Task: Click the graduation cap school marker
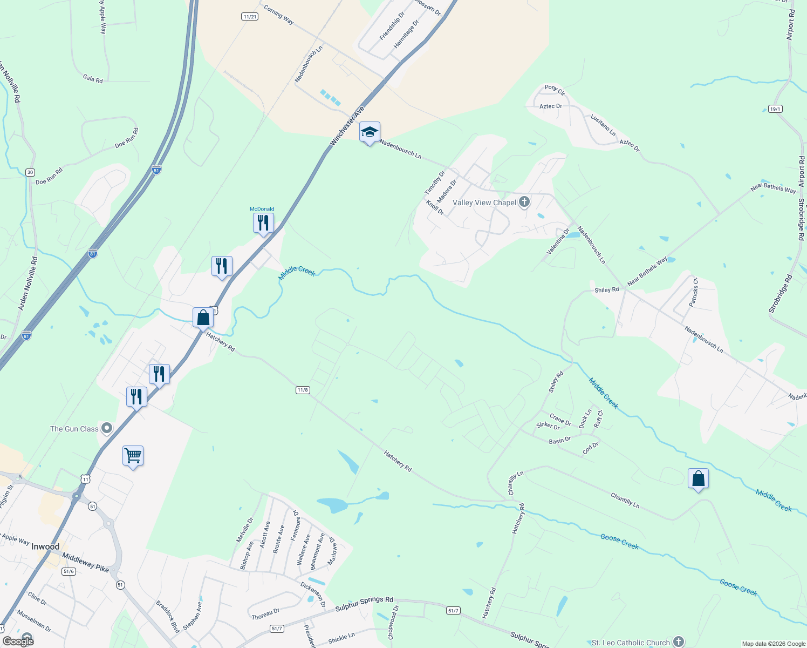pyautogui.click(x=370, y=132)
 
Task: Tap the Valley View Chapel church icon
pyautogui.click(x=524, y=202)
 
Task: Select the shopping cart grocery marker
pyautogui.click(x=133, y=456)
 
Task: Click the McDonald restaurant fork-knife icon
pyautogui.click(x=263, y=223)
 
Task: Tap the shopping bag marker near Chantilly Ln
pyautogui.click(x=698, y=478)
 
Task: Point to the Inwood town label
pyautogui.click(x=45, y=546)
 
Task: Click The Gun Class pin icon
pyautogui.click(x=107, y=429)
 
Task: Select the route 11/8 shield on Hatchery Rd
pyautogui.click(x=303, y=390)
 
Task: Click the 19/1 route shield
pyautogui.click(x=775, y=109)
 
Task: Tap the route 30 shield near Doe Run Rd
pyautogui.click(x=30, y=172)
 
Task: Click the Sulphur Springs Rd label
pyautogui.click(x=364, y=604)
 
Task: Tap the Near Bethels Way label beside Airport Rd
pyautogui.click(x=772, y=188)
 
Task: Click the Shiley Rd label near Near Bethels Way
pyautogui.click(x=606, y=290)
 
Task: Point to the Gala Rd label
pyautogui.click(x=93, y=79)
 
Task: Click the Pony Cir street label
pyautogui.click(x=555, y=89)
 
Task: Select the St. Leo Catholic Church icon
pyautogui.click(x=679, y=642)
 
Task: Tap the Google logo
pyautogui.click(x=18, y=642)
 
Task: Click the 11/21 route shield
pyautogui.click(x=250, y=17)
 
